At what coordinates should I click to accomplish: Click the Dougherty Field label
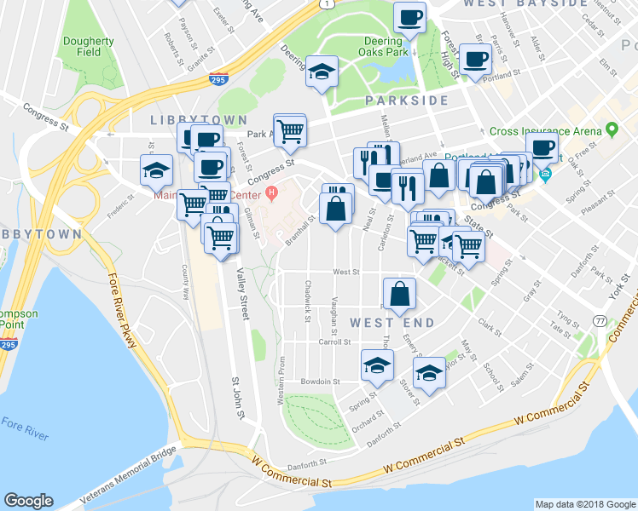[88, 46]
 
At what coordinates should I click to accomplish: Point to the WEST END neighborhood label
[391, 323]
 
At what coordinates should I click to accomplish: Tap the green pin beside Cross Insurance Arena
[612, 130]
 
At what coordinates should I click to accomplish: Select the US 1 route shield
[326, 4]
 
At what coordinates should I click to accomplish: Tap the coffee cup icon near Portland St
[474, 58]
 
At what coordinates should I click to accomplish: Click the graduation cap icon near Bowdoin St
[377, 364]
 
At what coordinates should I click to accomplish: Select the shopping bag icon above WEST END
[399, 294]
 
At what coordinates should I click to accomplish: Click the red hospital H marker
[271, 192]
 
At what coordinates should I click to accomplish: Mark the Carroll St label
[334, 342]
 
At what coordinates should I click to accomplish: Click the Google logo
[28, 501]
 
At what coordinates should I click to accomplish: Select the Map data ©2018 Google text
[584, 504]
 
